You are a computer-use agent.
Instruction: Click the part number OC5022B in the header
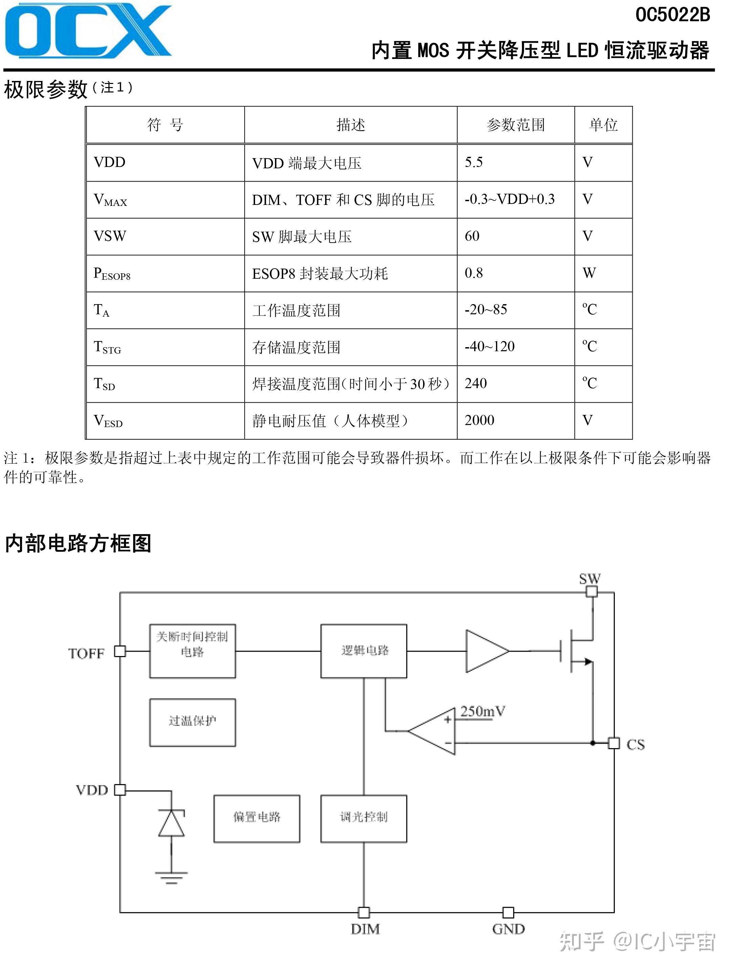[672, 15]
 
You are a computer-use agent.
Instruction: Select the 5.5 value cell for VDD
[474, 163]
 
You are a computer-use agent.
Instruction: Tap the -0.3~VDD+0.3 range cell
[509, 199]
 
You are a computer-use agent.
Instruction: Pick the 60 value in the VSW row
[472, 236]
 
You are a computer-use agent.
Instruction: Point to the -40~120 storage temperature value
[489, 346]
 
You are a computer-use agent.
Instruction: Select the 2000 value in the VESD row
[480, 420]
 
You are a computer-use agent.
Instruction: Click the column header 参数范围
[516, 125]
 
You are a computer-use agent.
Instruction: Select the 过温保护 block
[192, 722]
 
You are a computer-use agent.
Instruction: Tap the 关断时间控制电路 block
[192, 651]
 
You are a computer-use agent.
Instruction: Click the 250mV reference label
[483, 712]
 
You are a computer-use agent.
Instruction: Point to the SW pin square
[592, 592]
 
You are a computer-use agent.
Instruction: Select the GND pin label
[508, 929]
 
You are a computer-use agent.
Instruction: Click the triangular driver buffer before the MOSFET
[485, 651]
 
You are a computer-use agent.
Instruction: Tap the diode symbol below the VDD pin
[171, 824]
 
